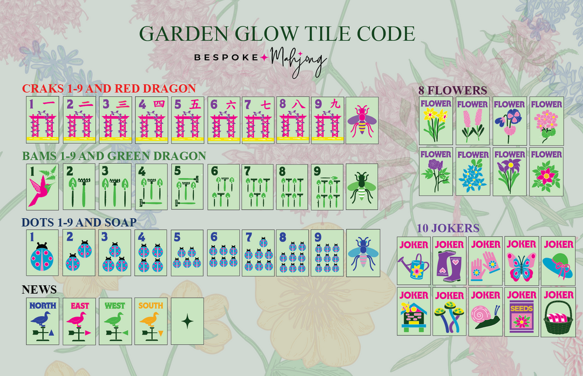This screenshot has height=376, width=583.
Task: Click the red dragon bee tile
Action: [362, 120]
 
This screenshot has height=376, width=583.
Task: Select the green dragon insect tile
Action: [362, 187]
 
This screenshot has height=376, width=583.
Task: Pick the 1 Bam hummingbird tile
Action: [43, 187]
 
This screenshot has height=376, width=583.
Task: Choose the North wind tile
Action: [43, 321]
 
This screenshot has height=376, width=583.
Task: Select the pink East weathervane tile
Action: [79, 321]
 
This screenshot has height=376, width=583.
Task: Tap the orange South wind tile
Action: [151, 321]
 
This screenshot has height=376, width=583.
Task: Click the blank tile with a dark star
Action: [187, 321]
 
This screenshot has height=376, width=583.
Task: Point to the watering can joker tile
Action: [413, 260]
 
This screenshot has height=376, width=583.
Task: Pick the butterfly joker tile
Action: [521, 260]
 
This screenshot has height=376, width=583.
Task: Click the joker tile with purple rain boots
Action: [449, 260]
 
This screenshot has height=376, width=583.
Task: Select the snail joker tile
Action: [485, 311]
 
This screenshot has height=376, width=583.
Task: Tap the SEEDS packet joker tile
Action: [521, 311]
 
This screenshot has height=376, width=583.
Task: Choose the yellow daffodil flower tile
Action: [436, 120]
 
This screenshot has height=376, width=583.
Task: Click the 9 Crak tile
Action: [327, 120]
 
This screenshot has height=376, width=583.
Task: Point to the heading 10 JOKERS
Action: [448, 228]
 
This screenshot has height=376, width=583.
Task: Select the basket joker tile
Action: [558, 311]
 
